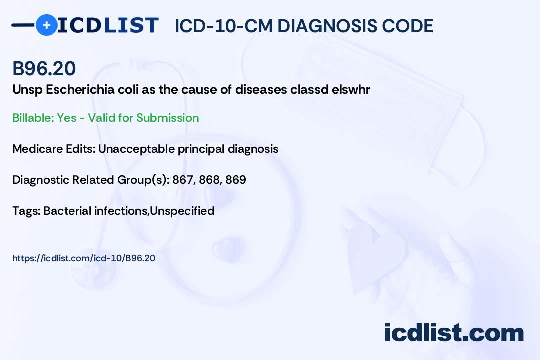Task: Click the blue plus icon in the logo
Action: pos(46,25)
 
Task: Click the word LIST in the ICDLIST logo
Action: pos(131,25)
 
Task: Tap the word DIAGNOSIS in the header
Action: pos(327,26)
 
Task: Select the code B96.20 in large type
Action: pos(44,68)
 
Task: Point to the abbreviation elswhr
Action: pos(351,90)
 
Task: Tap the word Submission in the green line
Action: pos(167,118)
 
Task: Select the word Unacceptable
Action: pos(136,149)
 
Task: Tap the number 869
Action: pos(236,180)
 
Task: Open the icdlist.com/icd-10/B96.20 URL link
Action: pos(83,258)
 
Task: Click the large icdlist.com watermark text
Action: pos(454,333)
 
